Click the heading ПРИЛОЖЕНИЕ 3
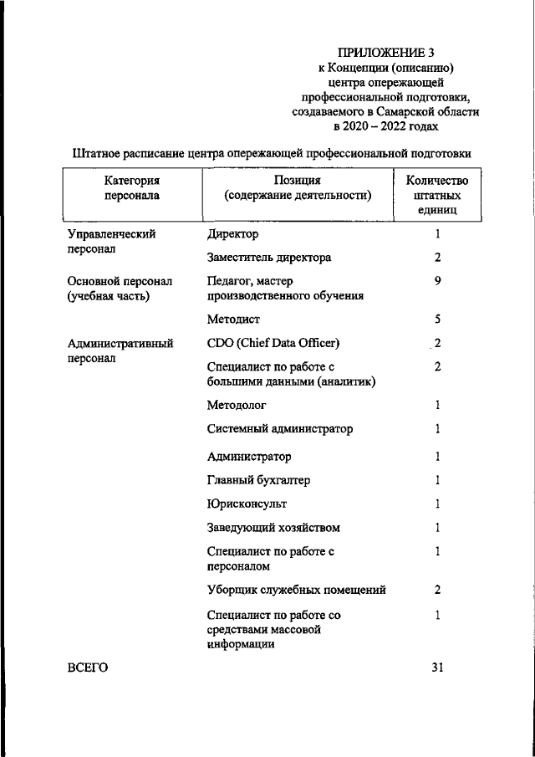[x=385, y=53]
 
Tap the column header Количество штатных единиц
[x=436, y=196]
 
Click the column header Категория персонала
[x=131, y=188]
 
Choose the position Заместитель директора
[x=268, y=258]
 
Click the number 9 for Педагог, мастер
[x=437, y=281]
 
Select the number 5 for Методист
[x=437, y=320]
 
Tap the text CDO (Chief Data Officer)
[x=273, y=343]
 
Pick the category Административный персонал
[x=120, y=350]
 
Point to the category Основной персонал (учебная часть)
[x=119, y=289]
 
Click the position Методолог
[x=237, y=405]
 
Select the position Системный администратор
[x=279, y=429]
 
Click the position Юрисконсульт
[x=247, y=504]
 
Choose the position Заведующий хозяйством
[x=273, y=529]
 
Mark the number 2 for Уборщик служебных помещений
[x=437, y=590]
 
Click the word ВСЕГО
[x=88, y=667]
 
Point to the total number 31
[x=437, y=667]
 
